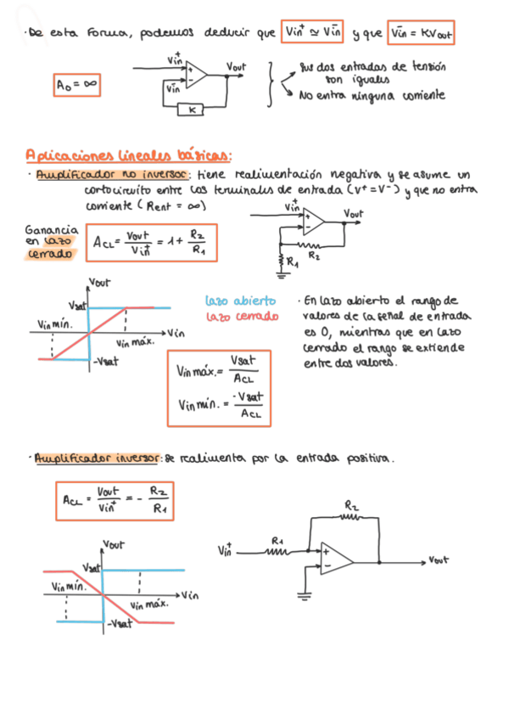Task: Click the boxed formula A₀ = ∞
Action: (x=76, y=85)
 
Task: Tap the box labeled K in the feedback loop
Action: (x=193, y=110)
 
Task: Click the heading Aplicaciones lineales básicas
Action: (x=128, y=155)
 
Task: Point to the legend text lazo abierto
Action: (x=240, y=301)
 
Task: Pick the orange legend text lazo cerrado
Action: (x=242, y=316)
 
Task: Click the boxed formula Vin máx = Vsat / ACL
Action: (x=220, y=387)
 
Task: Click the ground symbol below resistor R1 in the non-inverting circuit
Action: (x=282, y=273)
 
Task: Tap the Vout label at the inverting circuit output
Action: (x=439, y=560)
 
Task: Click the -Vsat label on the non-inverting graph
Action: (x=104, y=360)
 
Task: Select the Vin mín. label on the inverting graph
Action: (x=67, y=585)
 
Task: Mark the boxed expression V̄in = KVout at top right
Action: (x=422, y=33)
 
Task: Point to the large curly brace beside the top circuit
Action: (x=270, y=84)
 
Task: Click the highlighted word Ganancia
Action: (x=52, y=228)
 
